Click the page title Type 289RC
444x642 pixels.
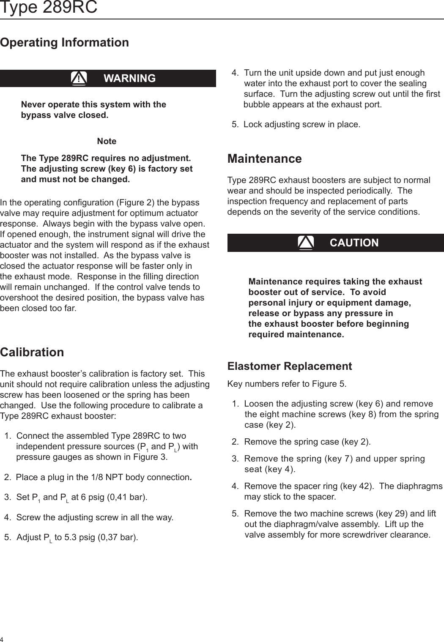coord(49,7)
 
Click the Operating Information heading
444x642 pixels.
coord(64,42)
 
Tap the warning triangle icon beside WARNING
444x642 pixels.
coord(79,78)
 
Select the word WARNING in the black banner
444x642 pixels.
coord(129,78)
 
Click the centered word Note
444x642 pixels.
coord(107,141)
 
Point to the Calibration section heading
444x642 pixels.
coord(32,352)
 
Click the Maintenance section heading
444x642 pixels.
coord(264,158)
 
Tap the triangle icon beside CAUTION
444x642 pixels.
coord(305,243)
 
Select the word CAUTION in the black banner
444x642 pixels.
coord(354,243)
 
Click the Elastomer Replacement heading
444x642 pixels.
coord(289,366)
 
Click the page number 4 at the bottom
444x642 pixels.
coord(2,638)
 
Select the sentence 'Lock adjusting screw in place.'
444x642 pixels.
coord(301,124)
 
